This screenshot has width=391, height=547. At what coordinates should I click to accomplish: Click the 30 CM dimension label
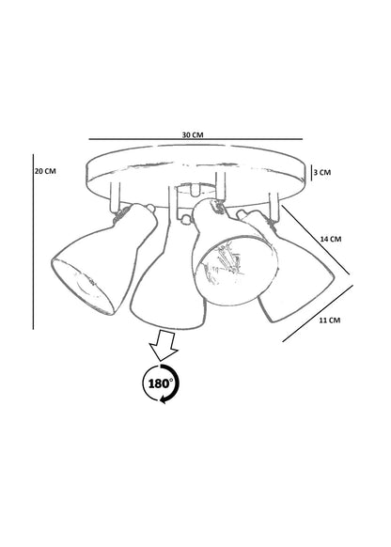(193, 134)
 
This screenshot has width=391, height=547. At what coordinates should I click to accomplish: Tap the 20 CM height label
(45, 171)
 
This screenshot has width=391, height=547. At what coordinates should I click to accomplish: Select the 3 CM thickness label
(322, 172)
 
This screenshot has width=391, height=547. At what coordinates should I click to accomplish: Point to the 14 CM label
(331, 239)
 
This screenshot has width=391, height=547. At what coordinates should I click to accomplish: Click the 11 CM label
(330, 320)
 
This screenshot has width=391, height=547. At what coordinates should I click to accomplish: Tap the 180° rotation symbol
(162, 383)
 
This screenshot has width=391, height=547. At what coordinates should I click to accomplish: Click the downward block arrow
(164, 346)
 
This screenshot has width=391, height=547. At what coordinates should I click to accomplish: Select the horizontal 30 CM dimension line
(195, 139)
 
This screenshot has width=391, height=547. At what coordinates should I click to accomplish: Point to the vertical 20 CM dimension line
(33, 242)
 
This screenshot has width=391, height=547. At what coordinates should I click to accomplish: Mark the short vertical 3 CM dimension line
(311, 173)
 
